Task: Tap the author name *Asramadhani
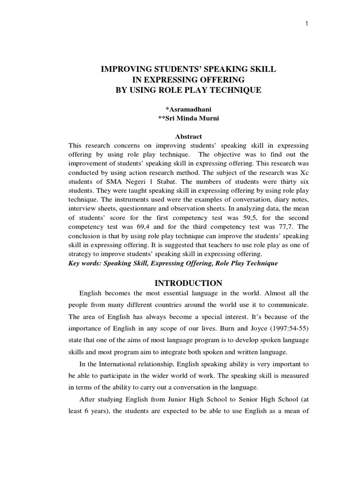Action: [x=188, y=109]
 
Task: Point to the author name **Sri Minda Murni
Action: [x=188, y=118]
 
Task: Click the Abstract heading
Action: [x=188, y=136]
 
